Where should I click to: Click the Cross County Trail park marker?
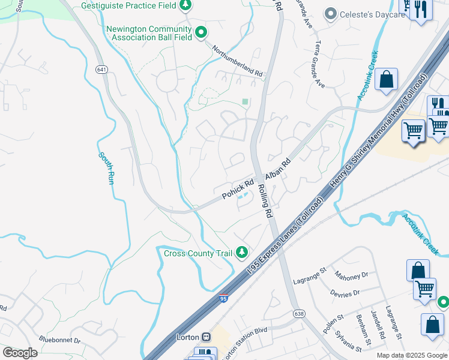coord(242,253)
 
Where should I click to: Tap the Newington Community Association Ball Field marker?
coord(201,33)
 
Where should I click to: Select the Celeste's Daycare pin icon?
coord(330,14)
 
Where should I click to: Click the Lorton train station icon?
coord(206,337)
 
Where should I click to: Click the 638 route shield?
coord(298,313)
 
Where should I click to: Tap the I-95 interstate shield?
coord(223,298)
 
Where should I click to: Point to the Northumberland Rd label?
coord(238,61)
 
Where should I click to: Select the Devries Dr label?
coord(345,293)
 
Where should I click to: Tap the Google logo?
coord(20,353)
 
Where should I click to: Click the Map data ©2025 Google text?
coord(411,355)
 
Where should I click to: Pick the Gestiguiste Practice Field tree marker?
coord(186,5)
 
